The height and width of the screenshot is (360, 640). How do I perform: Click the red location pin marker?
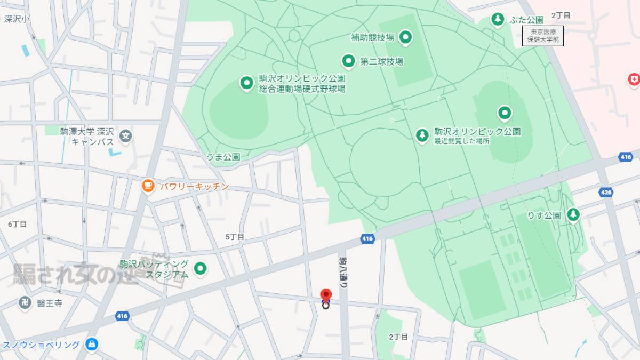pos(325,296)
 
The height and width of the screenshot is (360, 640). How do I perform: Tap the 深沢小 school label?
pos(17,19)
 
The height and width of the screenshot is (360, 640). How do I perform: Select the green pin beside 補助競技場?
pos(406,37)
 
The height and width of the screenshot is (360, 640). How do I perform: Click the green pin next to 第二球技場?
pos(348,61)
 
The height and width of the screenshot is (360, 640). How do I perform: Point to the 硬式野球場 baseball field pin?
pos(246,83)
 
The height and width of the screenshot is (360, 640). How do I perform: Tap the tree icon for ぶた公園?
pos(497,20)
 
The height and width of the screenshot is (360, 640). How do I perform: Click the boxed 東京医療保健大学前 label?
pos(542,36)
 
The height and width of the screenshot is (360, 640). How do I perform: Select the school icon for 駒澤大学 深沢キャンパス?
pos(125,136)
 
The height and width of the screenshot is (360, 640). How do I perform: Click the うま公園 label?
pos(223,157)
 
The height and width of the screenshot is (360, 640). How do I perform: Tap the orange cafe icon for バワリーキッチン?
pos(148,186)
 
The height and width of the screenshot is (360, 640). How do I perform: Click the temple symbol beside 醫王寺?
pos(25,303)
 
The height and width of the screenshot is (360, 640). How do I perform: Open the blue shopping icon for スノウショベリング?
pos(92,344)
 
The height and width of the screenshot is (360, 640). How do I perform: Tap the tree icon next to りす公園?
pos(573,215)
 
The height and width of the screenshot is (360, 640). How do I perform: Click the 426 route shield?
pos(605,193)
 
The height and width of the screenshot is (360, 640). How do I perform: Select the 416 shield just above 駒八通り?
pos(367,238)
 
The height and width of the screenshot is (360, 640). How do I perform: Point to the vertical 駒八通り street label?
pos(343,272)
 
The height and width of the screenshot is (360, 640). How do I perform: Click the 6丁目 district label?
pos(17,224)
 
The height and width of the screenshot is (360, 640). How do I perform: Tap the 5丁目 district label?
pos(235,236)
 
